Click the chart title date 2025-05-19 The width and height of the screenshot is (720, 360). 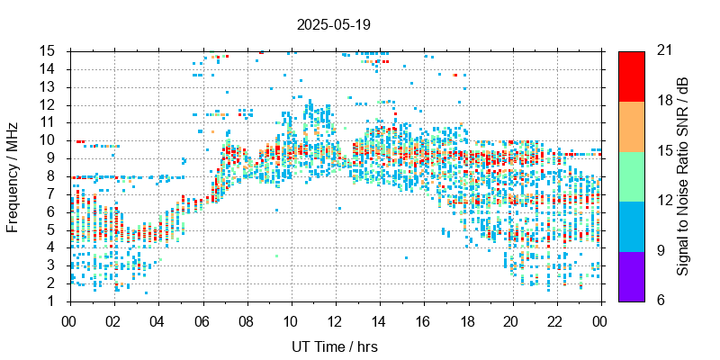tap(333, 24)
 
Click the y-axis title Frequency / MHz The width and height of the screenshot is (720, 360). tap(13, 175)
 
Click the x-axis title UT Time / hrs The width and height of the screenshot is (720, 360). tap(335, 346)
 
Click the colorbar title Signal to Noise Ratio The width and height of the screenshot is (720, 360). tap(683, 175)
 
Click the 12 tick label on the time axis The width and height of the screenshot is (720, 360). tap(335, 319)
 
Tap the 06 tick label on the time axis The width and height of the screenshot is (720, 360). tap(202, 319)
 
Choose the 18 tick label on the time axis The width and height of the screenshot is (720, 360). tap(468, 319)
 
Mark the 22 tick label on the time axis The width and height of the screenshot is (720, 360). tap(556, 319)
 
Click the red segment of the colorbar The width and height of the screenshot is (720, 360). tap(631, 76)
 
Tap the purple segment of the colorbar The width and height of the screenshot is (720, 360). tap(631, 275)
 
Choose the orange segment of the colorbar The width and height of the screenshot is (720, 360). tap(631, 125)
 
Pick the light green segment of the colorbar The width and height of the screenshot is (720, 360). tap(631, 175)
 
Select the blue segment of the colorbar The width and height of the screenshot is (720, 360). tap(631, 225)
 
